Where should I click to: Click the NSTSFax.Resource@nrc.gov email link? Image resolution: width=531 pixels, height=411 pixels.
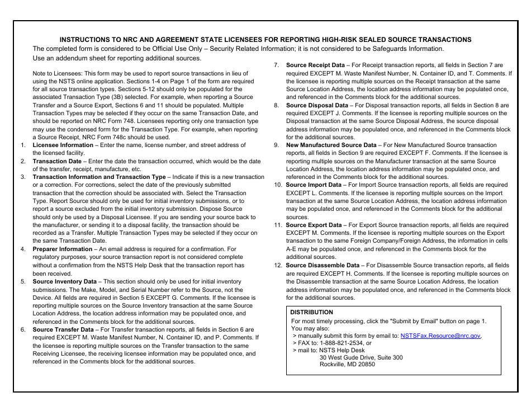(440, 336)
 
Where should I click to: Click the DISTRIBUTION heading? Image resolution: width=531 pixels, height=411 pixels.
(311, 313)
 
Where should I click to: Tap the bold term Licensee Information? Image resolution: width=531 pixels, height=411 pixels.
(63, 145)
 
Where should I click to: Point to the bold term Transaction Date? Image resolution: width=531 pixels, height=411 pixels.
(56, 161)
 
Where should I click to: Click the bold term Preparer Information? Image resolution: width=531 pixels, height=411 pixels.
(62, 249)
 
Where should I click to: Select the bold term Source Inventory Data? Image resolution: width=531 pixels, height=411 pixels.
(64, 282)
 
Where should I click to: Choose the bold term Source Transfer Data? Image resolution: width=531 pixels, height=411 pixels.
(63, 330)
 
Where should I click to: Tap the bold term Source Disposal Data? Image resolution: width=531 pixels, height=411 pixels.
(317, 105)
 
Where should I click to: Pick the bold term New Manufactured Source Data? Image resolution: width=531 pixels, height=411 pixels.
(331, 145)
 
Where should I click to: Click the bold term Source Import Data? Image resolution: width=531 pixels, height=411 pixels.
(314, 185)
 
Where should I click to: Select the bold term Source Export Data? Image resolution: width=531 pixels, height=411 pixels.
(314, 225)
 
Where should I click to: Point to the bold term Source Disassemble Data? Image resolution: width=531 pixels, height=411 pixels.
(323, 266)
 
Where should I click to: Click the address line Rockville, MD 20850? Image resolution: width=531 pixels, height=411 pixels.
(347, 365)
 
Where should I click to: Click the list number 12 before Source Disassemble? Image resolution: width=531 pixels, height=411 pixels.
(278, 266)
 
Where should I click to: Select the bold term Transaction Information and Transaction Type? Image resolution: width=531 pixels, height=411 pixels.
(99, 177)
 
